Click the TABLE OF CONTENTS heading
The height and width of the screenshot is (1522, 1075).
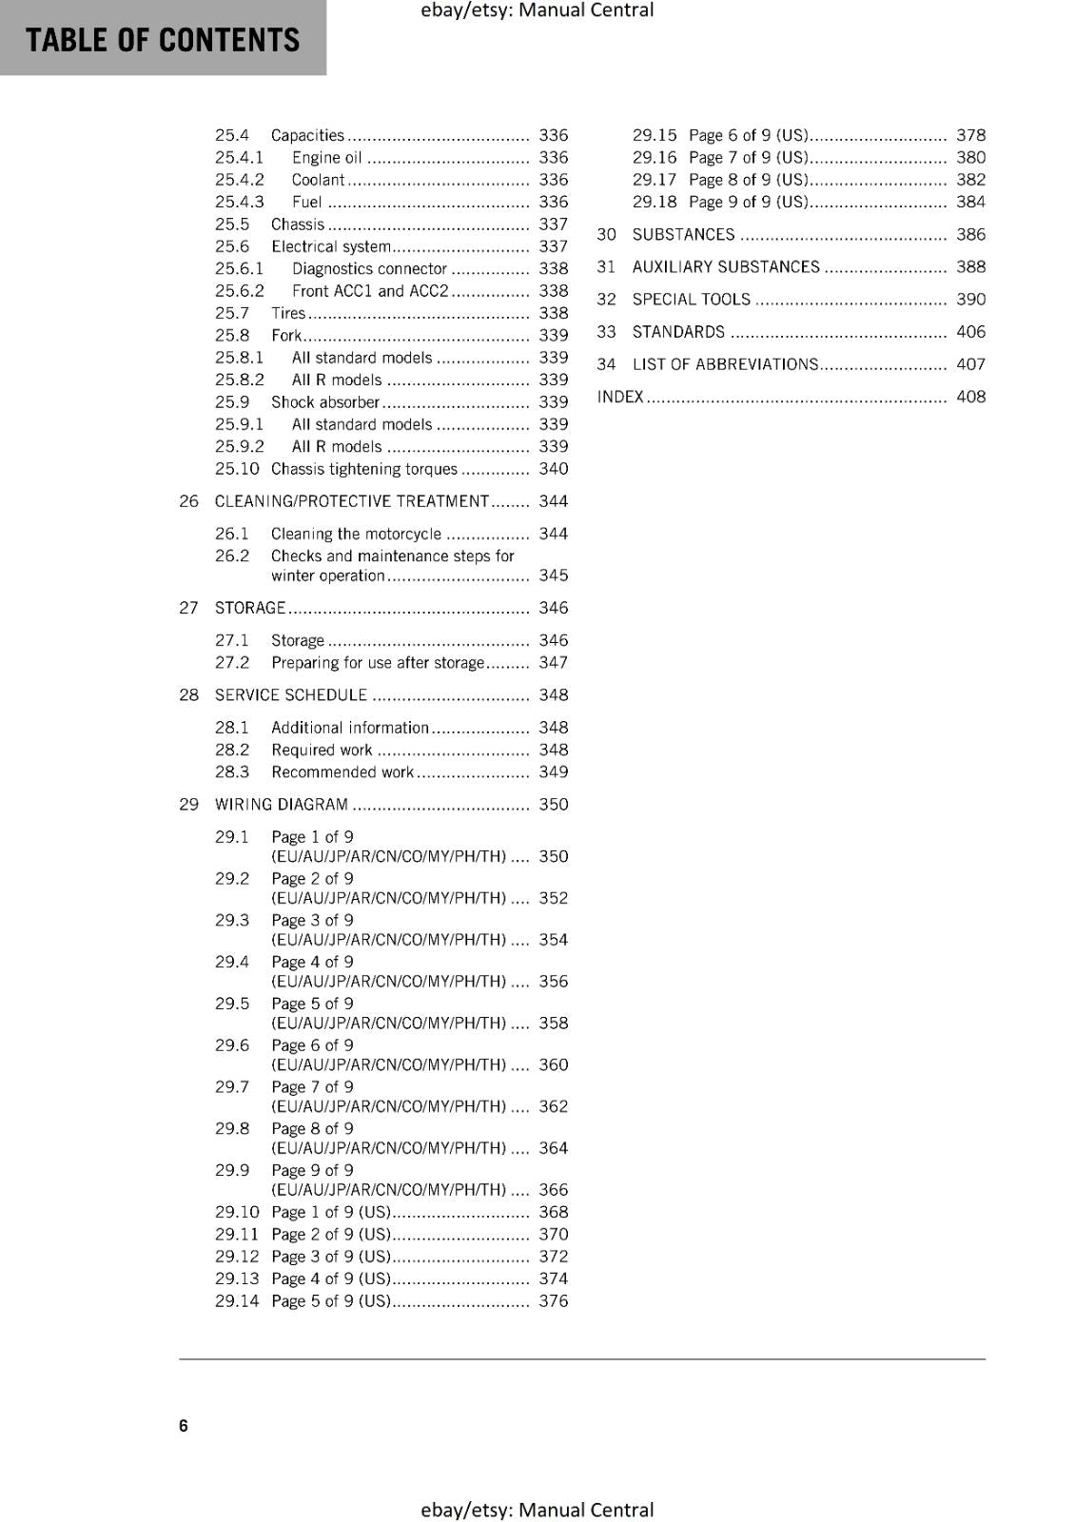click(x=163, y=40)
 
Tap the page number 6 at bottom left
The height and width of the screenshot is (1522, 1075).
click(x=184, y=1425)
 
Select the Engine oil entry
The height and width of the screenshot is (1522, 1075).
click(x=326, y=158)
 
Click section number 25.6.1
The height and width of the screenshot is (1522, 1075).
click(x=239, y=269)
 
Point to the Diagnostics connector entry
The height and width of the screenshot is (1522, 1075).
click(x=369, y=269)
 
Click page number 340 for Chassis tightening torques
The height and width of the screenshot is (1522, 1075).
click(x=553, y=469)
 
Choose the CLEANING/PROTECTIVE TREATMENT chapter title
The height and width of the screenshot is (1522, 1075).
click(x=351, y=501)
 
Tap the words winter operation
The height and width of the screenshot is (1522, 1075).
click(x=327, y=576)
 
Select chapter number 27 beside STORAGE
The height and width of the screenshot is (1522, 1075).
click(x=188, y=608)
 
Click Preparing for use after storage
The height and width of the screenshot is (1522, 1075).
click(x=378, y=663)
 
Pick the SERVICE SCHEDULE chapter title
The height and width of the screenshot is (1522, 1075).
click(x=290, y=695)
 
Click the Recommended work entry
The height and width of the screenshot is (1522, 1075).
click(x=342, y=772)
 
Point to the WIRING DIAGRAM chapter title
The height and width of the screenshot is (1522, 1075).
click(x=282, y=805)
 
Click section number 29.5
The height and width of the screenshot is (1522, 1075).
click(x=231, y=1004)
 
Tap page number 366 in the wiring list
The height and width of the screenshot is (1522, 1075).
click(x=553, y=1190)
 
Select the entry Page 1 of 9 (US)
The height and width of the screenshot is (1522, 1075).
click(x=330, y=1212)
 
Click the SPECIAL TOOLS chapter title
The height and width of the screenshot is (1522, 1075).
click(x=691, y=300)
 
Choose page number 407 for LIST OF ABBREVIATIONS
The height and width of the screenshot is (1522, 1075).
click(x=970, y=364)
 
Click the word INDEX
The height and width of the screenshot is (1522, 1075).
click(x=620, y=397)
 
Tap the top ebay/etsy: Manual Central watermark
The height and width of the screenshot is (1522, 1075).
click(x=537, y=10)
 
